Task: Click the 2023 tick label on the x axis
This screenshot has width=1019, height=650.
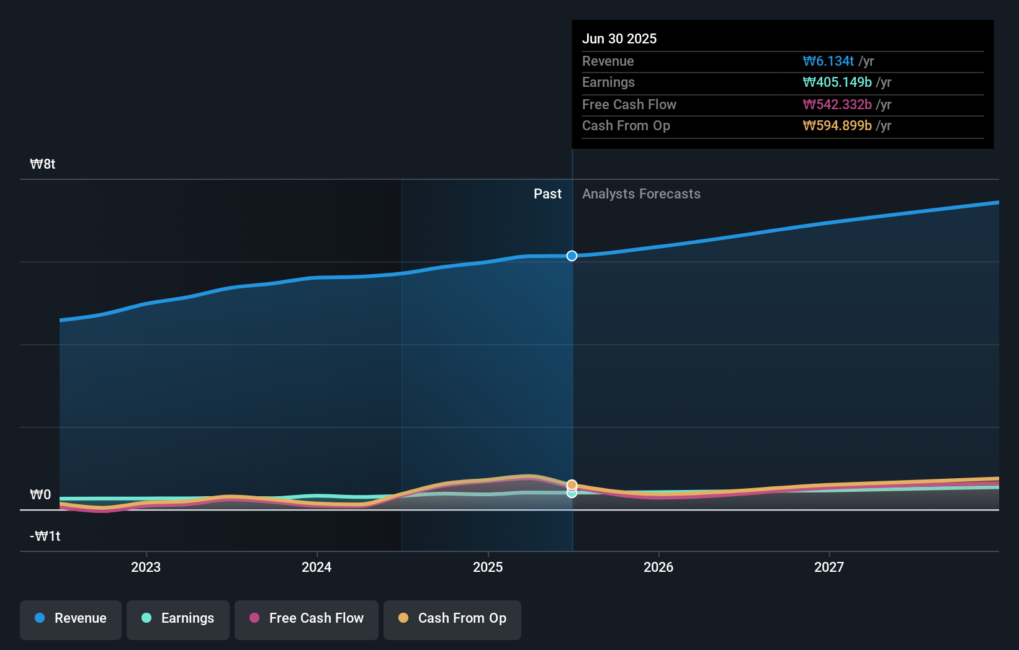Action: [x=146, y=567]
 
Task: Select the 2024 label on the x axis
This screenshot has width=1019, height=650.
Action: [x=316, y=567]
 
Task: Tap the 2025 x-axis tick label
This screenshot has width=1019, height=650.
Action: [x=488, y=567]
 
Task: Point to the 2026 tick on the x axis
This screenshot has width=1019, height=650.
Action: [x=658, y=567]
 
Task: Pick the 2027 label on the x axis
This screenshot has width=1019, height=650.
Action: [x=829, y=567]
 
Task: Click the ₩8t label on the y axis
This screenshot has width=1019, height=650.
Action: [x=43, y=164]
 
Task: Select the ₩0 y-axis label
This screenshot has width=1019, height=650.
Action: [x=40, y=495]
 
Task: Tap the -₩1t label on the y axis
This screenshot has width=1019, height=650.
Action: [x=45, y=536]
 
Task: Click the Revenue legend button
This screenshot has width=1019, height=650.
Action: [x=71, y=619]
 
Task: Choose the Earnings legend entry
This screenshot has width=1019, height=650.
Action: [x=178, y=619]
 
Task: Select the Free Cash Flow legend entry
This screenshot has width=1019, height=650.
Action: [x=307, y=619]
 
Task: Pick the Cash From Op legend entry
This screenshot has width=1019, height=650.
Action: [x=452, y=619]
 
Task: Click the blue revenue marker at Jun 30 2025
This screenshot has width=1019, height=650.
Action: [x=572, y=256]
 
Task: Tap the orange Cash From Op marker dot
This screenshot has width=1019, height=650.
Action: [x=572, y=484]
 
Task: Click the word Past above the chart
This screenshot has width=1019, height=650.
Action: [x=547, y=194]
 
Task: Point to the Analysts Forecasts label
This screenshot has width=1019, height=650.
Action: [x=641, y=194]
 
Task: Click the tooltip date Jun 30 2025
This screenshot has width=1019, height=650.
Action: [x=619, y=38]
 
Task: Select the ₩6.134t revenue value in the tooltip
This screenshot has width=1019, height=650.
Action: [x=828, y=61]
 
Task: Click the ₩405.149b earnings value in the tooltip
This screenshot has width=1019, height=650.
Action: [x=837, y=82]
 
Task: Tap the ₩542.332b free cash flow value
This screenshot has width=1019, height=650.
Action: [x=837, y=104]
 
